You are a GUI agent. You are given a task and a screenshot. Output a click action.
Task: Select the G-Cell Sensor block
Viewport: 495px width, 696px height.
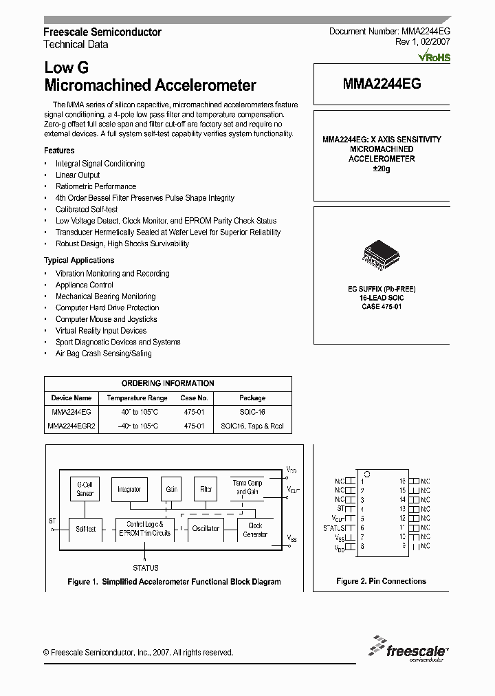pos(85,489)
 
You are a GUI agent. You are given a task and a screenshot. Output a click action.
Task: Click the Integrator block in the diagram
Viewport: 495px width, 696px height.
pos(129,489)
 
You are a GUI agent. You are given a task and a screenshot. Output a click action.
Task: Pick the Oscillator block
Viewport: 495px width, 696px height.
pos(206,528)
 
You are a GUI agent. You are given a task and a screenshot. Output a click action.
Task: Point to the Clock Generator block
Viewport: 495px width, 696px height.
pos(255,530)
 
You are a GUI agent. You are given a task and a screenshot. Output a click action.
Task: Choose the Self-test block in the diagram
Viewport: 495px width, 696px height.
pos(85,528)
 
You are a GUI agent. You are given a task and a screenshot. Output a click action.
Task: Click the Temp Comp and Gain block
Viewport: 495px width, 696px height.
pos(247,488)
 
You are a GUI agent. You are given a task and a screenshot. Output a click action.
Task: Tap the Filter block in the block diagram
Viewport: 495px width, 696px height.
pos(206,489)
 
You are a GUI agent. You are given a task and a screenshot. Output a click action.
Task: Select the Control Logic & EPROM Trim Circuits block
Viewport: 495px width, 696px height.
pos(144,528)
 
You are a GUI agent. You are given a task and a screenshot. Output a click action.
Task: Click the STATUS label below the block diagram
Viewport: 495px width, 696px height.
pos(145,568)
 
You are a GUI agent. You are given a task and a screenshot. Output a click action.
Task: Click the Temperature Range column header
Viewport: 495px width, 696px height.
pos(137,398)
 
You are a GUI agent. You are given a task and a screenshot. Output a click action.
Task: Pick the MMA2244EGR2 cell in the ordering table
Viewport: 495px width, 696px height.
pos(71,426)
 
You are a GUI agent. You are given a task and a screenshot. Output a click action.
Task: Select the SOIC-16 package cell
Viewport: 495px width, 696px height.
pos(252,411)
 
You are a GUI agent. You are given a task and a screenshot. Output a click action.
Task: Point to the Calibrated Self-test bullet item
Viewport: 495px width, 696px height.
pos(87,209)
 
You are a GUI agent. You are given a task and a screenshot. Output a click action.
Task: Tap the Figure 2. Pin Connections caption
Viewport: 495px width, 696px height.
pos(381,581)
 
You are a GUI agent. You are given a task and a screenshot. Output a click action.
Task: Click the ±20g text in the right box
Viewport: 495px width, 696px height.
pos(381,169)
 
